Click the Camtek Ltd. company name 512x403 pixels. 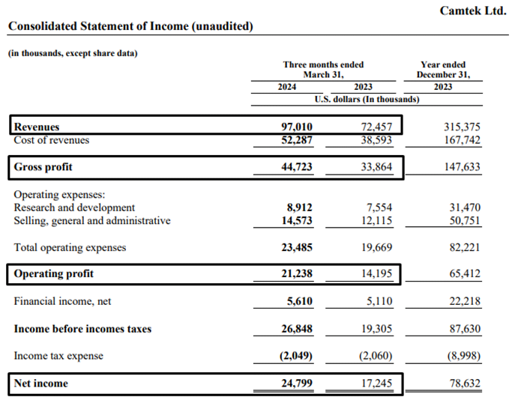coord(473,10)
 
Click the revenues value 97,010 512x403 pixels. coord(297,127)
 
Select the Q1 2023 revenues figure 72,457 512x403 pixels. coord(376,127)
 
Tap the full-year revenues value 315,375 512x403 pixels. coord(462,127)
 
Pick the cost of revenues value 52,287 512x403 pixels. coord(297,140)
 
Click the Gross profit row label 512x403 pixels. coord(43,167)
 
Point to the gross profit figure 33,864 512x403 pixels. coord(376,167)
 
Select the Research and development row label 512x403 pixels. coord(74,207)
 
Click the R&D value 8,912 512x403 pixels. coord(299,207)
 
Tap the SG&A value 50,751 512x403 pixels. coord(465,220)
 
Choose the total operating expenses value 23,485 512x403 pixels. coord(297,247)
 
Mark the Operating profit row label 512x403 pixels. coord(53,273)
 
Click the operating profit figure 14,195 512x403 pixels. coord(376,273)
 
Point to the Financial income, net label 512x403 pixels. coord(62,301)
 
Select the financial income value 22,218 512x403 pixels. coord(465,301)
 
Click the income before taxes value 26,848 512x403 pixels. coord(297,329)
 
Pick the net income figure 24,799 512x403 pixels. coord(297,383)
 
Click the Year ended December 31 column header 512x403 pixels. coord(443,70)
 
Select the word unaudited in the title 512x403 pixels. coord(223,26)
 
